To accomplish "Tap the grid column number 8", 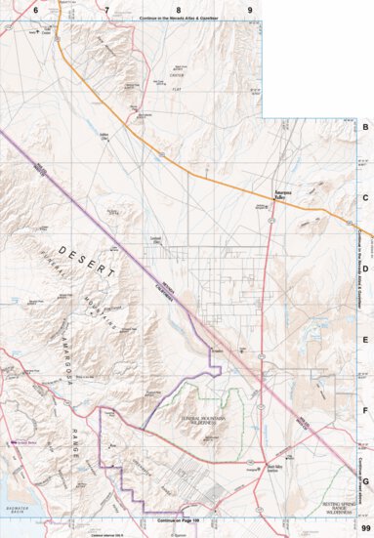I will click(179, 9).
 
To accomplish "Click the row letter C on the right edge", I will click(365, 198).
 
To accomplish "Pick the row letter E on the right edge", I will click(365, 340).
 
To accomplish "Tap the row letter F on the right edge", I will click(365, 410).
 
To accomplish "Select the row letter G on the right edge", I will click(365, 480).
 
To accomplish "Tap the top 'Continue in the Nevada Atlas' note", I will click(176, 19).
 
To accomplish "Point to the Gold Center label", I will click(44, 29).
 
